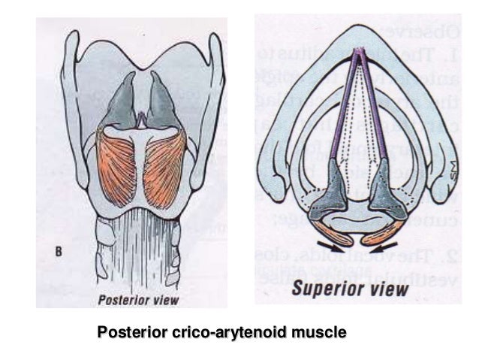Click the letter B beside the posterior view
[59, 253]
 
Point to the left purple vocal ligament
[345, 105]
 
